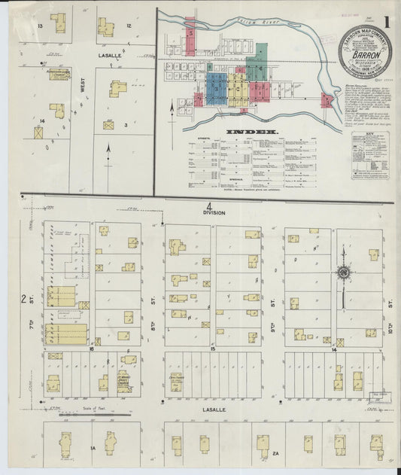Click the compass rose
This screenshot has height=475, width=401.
point(342,273)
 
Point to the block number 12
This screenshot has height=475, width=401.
point(129,26)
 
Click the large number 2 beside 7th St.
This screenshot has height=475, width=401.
point(24,300)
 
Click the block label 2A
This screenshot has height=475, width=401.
point(276,453)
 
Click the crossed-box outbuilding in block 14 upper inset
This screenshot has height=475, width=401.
point(38,132)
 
